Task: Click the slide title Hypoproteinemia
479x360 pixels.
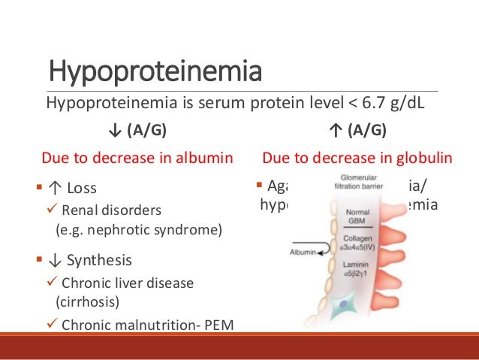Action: click(x=155, y=73)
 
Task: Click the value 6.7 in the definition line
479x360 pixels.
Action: click(x=378, y=103)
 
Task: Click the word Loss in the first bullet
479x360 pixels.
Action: click(x=82, y=188)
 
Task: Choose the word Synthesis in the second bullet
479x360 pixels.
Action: click(x=99, y=261)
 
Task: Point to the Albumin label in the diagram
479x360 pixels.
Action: click(x=303, y=252)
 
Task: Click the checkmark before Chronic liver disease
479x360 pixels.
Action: click(x=51, y=283)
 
